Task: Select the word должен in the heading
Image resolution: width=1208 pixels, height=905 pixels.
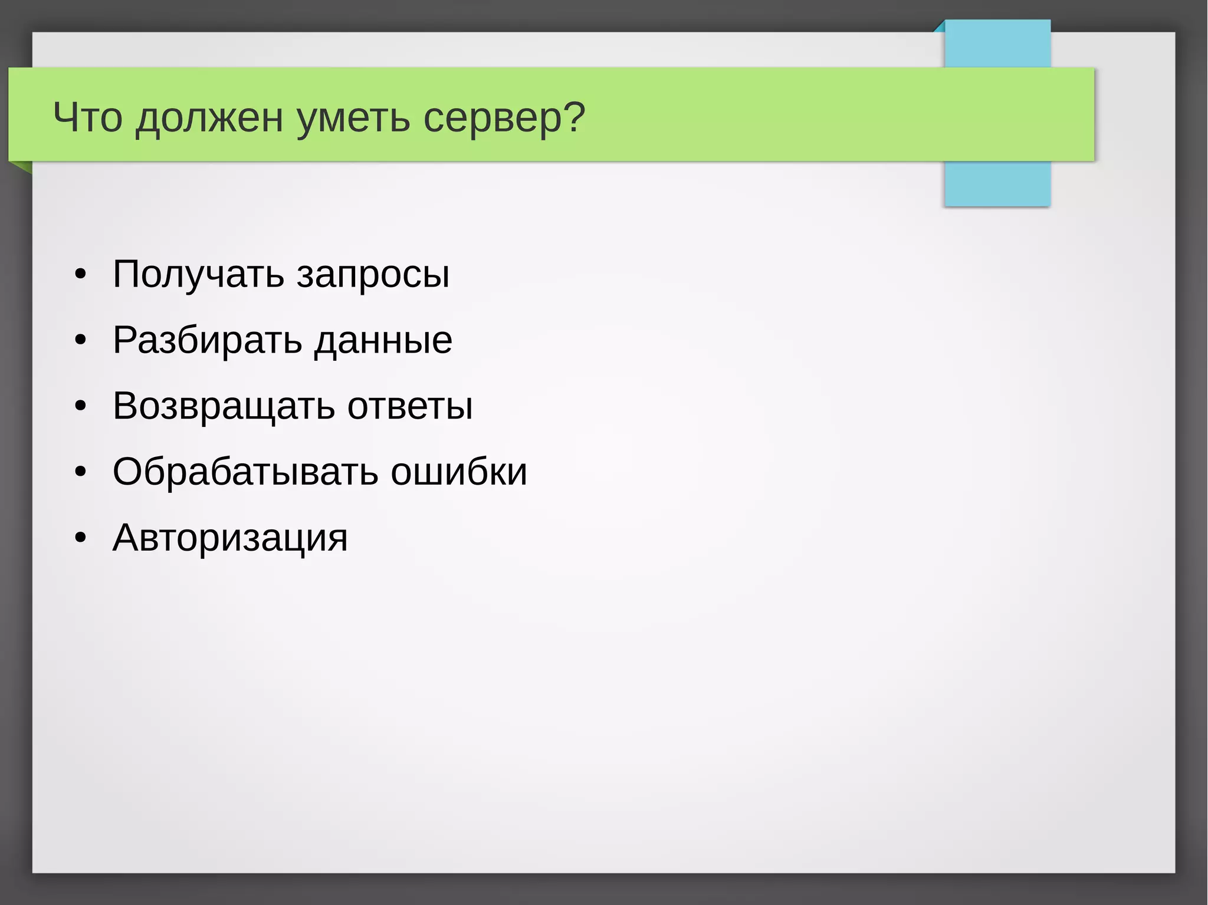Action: tap(209, 118)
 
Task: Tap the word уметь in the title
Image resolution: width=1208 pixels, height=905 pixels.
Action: tap(353, 118)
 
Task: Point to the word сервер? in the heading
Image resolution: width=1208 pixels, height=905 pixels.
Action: tap(504, 118)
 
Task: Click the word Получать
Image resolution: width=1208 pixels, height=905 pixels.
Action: tap(198, 274)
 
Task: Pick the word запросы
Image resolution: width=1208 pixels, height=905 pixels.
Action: tap(373, 275)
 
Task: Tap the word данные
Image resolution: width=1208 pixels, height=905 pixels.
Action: tap(383, 340)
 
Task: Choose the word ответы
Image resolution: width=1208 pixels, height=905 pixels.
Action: tap(410, 406)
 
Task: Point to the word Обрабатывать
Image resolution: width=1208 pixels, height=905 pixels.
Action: tap(245, 472)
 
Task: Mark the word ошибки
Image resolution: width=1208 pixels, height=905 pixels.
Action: tap(459, 472)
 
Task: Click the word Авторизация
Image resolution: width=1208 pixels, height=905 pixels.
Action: tap(230, 538)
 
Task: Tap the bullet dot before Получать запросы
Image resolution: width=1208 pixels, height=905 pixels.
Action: tap(81, 275)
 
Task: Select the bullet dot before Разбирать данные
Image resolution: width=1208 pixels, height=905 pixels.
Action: tap(81, 340)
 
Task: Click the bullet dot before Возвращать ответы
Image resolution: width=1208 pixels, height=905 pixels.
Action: tap(81, 406)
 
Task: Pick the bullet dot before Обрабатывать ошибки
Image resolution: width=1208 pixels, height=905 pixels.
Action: tap(81, 472)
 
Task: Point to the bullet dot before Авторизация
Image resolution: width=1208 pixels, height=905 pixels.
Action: tap(81, 538)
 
